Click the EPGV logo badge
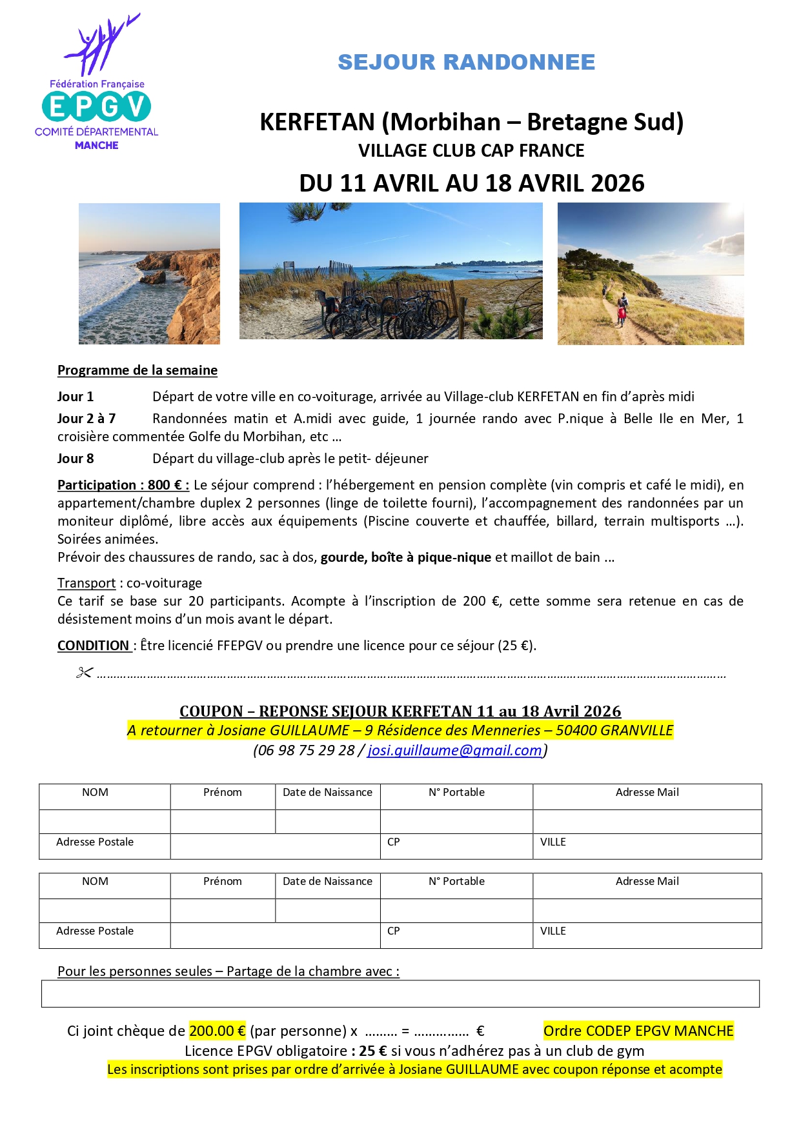click(x=96, y=106)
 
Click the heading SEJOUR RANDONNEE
click(x=466, y=62)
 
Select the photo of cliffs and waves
click(x=149, y=273)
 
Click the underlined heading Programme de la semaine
click(x=137, y=370)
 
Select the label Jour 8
click(x=76, y=459)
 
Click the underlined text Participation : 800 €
click(x=123, y=485)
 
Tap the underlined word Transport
click(x=86, y=583)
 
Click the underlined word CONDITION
click(x=94, y=646)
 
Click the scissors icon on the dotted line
click(x=85, y=673)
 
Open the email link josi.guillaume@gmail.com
click(x=454, y=750)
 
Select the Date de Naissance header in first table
click(x=327, y=793)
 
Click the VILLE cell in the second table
click(x=647, y=935)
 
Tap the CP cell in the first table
click(x=456, y=846)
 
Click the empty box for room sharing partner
click(x=400, y=994)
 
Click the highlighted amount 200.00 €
click(x=217, y=1031)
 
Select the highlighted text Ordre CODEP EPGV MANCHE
click(x=638, y=1031)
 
